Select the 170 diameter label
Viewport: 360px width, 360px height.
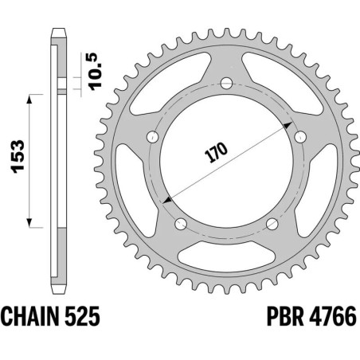(x=217, y=154)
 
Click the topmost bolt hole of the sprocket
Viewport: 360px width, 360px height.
(x=226, y=83)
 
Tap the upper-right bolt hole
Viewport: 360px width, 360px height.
(x=299, y=137)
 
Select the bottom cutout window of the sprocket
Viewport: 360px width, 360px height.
(x=226, y=256)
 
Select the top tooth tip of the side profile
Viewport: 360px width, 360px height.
(x=58, y=31)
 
